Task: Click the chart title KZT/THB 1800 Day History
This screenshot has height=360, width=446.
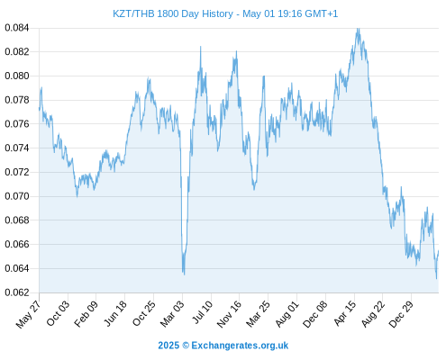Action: point(173,13)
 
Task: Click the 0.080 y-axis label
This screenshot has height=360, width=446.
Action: point(17,76)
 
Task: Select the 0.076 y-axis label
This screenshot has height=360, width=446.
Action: point(17,124)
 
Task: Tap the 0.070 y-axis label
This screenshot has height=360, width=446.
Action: point(17,196)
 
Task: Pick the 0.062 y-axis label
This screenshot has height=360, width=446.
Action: point(17,292)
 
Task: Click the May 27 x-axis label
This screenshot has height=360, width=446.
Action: point(28,314)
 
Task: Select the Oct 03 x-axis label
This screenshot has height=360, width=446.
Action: point(58,313)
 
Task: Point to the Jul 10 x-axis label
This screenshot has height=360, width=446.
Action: point(202,312)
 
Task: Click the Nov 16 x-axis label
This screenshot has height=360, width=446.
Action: point(229,314)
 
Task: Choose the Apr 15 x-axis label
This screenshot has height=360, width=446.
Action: point(345,313)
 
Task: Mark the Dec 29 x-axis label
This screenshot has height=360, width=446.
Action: point(401,314)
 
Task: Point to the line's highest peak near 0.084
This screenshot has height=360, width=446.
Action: point(358,29)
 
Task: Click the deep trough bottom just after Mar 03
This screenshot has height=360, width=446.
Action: point(184,274)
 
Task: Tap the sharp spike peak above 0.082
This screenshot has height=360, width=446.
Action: point(201,47)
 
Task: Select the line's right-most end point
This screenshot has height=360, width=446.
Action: point(439,251)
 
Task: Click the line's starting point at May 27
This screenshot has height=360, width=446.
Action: point(39,110)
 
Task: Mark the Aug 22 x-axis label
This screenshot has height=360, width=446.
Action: point(373,314)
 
